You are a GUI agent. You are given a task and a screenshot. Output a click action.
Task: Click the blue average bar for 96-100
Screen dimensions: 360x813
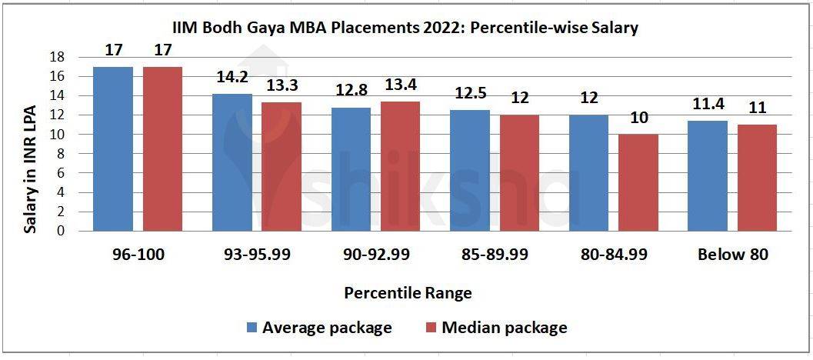pos(113,148)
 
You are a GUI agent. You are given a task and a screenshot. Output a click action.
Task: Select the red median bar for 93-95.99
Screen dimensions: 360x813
pos(282,166)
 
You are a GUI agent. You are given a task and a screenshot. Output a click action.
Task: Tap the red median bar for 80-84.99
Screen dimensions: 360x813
pos(638,182)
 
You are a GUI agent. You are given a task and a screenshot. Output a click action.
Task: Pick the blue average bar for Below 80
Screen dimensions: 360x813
pos(708,175)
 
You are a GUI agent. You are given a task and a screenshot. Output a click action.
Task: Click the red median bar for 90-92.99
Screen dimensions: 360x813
pos(401,166)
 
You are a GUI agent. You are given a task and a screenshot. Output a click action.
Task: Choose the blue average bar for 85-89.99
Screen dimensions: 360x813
pos(470,170)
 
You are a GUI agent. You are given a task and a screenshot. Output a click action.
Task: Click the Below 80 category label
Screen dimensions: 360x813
pos(733,255)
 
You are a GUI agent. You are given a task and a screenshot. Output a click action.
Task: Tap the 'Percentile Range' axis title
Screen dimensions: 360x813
pos(408,293)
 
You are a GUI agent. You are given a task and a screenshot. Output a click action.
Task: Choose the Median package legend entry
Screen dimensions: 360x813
pos(496,328)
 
